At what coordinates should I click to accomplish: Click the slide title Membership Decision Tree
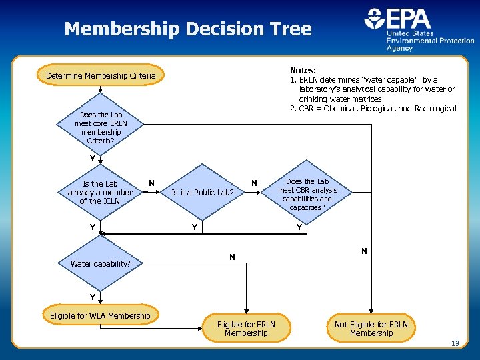(187, 29)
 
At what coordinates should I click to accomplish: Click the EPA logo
(419, 29)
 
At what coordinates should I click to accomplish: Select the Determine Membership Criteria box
(101, 76)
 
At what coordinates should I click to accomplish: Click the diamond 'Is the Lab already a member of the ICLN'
(100, 193)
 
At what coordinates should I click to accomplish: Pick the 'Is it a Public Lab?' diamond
(203, 193)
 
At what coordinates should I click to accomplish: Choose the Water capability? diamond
(100, 263)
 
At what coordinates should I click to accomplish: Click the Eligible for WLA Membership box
(100, 315)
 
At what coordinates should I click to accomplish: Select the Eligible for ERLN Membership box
(245, 328)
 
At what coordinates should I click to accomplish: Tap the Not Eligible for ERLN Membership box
(371, 328)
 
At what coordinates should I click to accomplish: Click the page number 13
(455, 344)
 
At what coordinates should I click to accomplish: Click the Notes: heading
(303, 70)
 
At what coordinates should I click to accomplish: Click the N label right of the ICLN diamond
(152, 183)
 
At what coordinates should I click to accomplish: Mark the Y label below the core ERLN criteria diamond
(93, 159)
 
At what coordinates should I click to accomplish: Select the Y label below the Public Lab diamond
(194, 227)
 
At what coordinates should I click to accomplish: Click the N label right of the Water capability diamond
(232, 257)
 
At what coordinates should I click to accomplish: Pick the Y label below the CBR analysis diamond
(299, 227)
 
